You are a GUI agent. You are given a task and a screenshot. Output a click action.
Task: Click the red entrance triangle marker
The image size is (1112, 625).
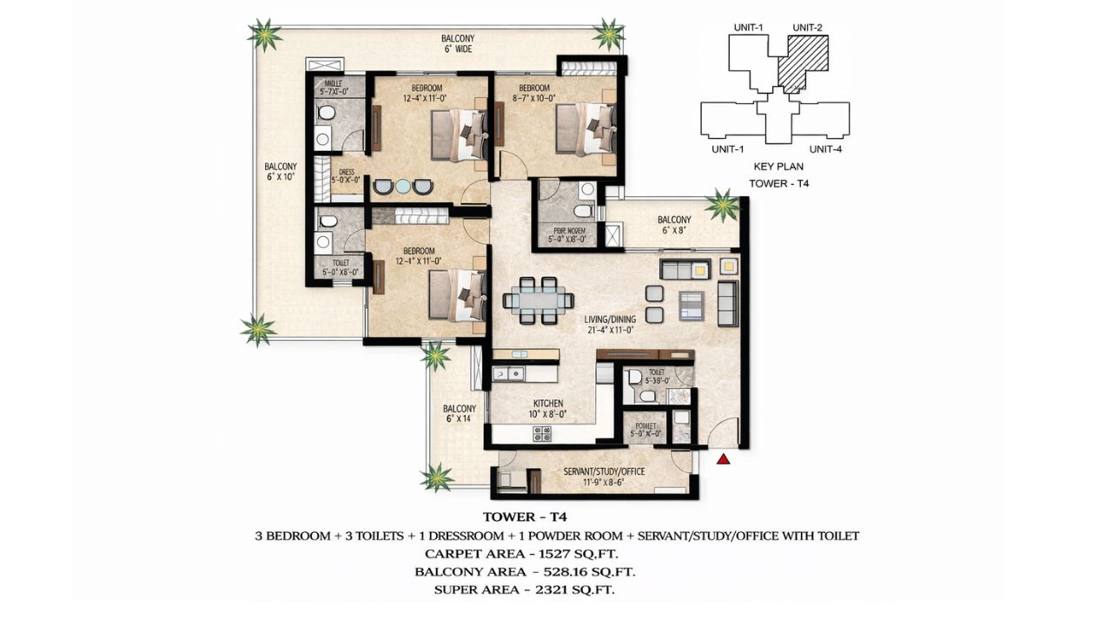pyautogui.click(x=723, y=459)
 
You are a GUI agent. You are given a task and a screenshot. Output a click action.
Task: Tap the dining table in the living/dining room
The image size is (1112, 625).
pyautogui.click(x=538, y=300)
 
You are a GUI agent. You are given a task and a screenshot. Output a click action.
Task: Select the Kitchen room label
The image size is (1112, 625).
pyautogui.click(x=548, y=404)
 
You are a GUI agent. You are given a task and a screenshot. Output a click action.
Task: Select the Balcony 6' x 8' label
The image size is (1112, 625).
pyautogui.click(x=674, y=220)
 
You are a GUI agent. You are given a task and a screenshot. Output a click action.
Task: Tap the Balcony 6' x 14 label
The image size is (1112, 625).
pyautogui.click(x=460, y=409)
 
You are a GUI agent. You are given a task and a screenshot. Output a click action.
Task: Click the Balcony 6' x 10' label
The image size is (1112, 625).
pyautogui.click(x=281, y=167)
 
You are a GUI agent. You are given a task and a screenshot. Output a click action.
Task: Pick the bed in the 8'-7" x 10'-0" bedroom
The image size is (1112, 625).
pyautogui.click(x=584, y=129)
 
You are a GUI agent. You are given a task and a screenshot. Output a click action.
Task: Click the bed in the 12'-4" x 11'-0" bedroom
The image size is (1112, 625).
pyautogui.click(x=459, y=135)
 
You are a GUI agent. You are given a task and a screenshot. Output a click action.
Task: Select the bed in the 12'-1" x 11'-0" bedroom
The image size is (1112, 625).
pyautogui.click(x=458, y=295)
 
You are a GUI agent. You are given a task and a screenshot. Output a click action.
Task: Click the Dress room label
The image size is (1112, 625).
pyautogui.click(x=347, y=172)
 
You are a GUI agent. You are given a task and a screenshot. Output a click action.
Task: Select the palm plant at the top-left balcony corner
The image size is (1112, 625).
pyautogui.click(x=263, y=36)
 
